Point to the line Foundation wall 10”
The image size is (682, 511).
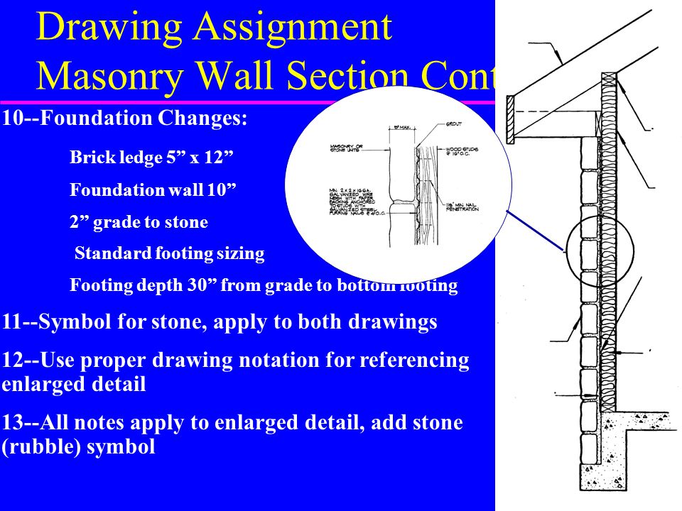pyautogui.click(x=153, y=190)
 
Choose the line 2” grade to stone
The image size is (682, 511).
pyautogui.click(x=139, y=222)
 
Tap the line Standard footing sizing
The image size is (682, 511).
pyautogui.click(x=169, y=254)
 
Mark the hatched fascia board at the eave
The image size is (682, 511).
pyautogui.click(x=510, y=119)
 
